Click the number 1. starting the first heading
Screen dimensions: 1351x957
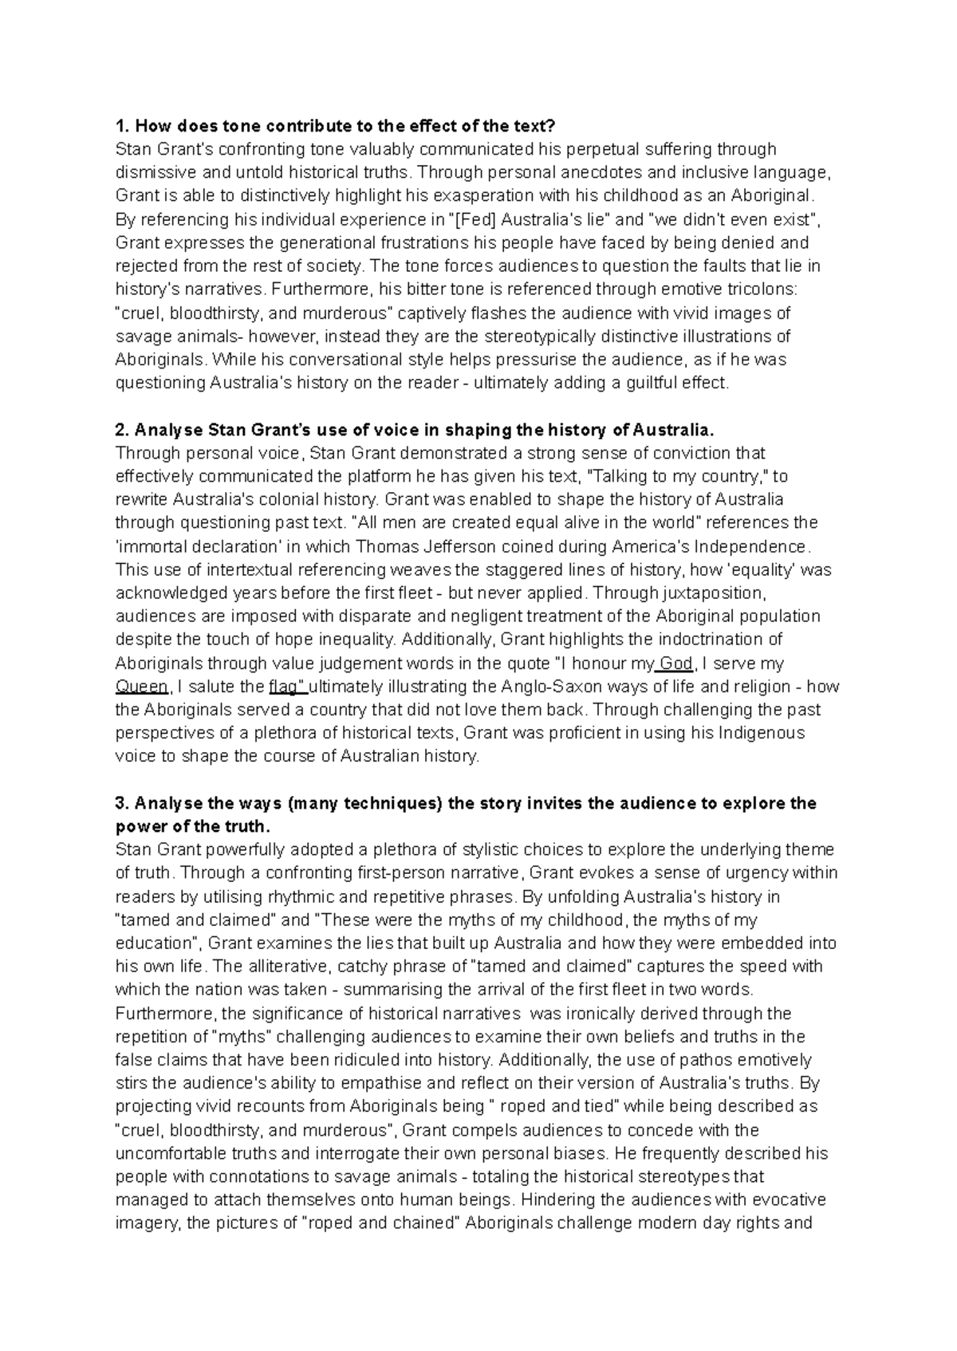[x=122, y=126]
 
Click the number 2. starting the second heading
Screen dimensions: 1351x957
[x=122, y=430]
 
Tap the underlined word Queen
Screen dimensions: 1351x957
[x=142, y=687]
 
